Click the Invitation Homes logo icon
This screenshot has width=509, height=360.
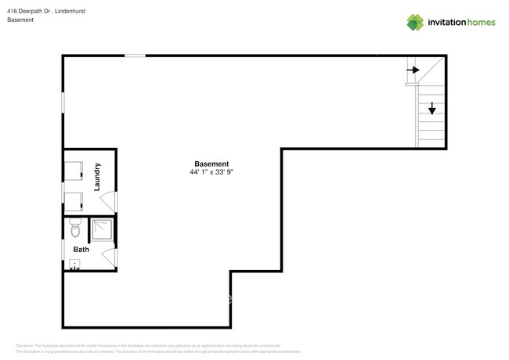(415, 23)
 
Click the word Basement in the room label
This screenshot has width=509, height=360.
(211, 164)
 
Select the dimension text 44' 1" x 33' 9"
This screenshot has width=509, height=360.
(211, 172)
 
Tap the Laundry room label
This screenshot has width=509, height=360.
(97, 177)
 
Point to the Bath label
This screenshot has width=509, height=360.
(81, 250)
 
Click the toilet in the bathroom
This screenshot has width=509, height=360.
(75, 229)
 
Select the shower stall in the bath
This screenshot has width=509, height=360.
(102, 229)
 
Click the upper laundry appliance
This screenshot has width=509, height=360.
(74, 171)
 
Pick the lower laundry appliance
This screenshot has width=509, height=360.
(74, 202)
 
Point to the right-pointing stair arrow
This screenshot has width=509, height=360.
(413, 70)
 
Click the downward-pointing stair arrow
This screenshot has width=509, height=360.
(431, 109)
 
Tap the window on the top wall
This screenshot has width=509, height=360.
(135, 56)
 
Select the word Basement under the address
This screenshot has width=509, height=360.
(20, 20)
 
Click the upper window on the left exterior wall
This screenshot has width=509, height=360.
(63, 103)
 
